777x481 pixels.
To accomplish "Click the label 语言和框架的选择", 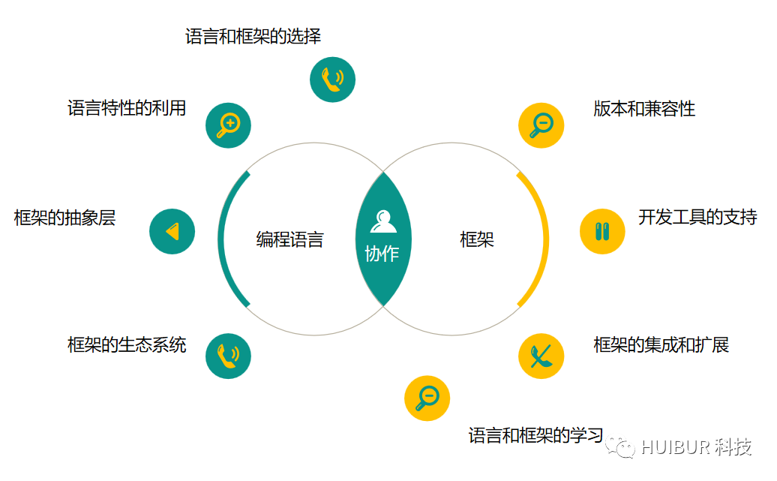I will [x=253, y=36].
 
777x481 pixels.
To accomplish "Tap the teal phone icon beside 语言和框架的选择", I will [x=332, y=80].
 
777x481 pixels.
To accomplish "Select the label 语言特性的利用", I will [x=127, y=108].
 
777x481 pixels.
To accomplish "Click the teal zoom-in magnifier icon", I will [x=228, y=125].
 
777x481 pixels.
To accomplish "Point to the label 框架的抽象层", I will [x=65, y=218].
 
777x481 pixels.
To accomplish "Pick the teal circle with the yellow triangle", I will [x=172, y=231].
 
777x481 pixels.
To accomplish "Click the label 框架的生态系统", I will [x=127, y=345].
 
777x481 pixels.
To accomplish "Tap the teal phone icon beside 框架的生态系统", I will [x=228, y=356].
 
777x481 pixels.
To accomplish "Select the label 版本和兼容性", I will [x=644, y=109].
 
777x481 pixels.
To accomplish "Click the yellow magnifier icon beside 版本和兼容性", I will [x=541, y=125].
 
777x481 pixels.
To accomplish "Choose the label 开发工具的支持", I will [x=697, y=218].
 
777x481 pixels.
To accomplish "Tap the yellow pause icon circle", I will [x=602, y=231].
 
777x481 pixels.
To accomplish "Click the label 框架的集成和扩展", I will [x=661, y=345].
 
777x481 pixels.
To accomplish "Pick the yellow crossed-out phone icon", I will [x=541, y=356].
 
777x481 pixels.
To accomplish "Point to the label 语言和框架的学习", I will [x=535, y=435].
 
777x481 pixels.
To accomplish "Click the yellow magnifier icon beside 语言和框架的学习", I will [x=427, y=398].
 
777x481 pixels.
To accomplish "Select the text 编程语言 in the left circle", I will [x=290, y=240].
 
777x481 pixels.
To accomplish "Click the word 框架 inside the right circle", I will [x=477, y=240].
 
